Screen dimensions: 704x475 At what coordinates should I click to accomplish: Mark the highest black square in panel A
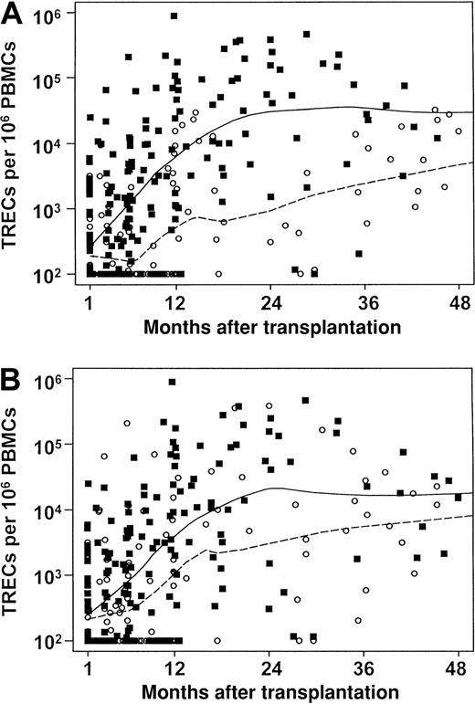174,16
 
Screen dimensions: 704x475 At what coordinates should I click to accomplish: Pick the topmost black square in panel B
173,382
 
